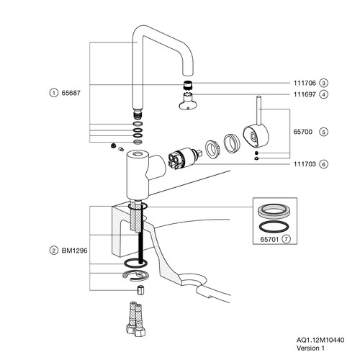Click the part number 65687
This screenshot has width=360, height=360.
click(x=71, y=93)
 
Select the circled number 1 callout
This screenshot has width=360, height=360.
click(x=54, y=93)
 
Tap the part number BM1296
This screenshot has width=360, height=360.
click(x=75, y=251)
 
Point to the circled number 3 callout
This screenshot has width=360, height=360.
click(x=323, y=83)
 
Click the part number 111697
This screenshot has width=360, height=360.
click(x=305, y=94)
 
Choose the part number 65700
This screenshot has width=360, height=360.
click(x=303, y=132)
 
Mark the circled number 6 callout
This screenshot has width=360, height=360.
click(x=324, y=164)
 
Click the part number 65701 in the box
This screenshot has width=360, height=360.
click(x=269, y=239)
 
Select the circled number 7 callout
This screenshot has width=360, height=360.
click(x=286, y=239)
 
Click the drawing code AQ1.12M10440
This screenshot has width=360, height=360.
click(x=320, y=340)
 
